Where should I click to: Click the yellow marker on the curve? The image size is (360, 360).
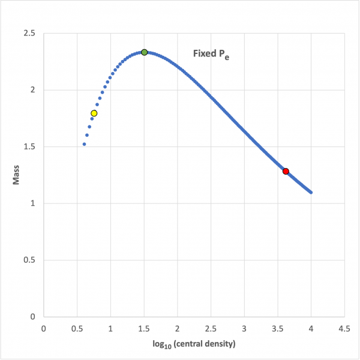point(94,113)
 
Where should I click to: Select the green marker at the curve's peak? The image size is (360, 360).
point(144,52)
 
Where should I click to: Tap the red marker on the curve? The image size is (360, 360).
point(286,171)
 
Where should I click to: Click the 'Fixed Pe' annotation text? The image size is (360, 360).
point(211,54)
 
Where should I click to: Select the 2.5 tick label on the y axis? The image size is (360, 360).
point(29,34)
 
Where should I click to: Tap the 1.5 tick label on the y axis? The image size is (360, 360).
point(29,147)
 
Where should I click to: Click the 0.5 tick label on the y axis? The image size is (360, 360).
point(29,260)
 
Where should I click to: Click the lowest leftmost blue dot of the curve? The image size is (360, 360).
point(84,144)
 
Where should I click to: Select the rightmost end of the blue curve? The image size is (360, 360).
point(311,193)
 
